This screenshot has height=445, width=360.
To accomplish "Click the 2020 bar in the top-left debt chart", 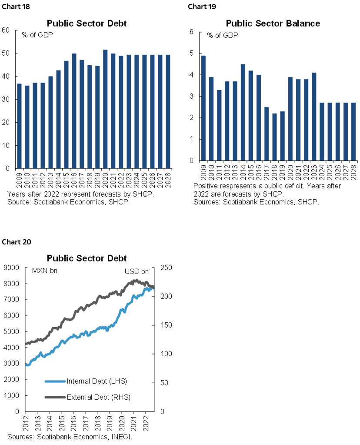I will (x=105, y=109).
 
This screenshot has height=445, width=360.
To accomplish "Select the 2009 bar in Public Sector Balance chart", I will (x=203, y=108).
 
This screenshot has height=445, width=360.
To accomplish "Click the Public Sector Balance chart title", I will (x=273, y=23).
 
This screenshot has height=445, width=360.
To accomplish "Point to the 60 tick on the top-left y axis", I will (x=6, y=30).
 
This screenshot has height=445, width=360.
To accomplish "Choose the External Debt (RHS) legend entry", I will (x=98, y=397).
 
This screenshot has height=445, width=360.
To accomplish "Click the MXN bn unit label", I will (x=45, y=271).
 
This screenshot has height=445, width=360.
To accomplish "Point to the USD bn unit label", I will (x=137, y=271).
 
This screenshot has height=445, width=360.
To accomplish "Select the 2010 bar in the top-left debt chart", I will (x=27, y=127).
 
